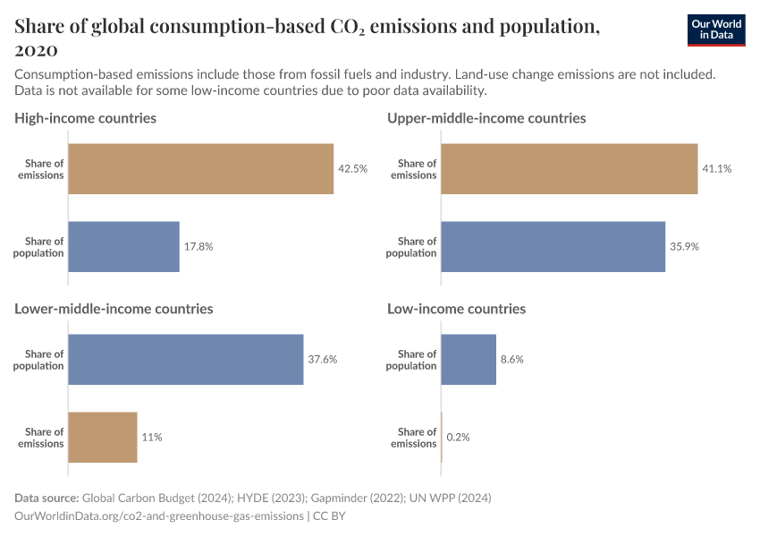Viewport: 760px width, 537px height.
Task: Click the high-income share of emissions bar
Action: pos(200,169)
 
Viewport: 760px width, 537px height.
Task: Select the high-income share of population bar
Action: pos(123,246)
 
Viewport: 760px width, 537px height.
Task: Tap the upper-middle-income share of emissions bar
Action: pos(569,169)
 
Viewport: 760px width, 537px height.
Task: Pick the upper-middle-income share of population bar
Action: pos(553,246)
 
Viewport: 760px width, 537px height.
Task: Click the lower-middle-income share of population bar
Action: pos(186,360)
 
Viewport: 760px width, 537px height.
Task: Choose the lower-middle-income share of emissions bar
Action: pos(103,437)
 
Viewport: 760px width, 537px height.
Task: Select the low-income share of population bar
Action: pos(469,360)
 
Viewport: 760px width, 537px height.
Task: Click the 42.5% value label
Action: pos(352,169)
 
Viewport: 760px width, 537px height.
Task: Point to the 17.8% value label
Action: pos(198,246)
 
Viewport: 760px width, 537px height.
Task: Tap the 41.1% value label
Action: pos(717,169)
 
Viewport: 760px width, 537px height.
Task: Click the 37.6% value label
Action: pos(323,360)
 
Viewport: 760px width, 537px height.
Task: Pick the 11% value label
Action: pos(152,437)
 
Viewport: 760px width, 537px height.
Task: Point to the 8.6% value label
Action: pos(512,360)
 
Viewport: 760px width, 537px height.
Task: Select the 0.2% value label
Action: pos(458,437)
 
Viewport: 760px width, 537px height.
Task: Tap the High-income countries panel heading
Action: pos(86,118)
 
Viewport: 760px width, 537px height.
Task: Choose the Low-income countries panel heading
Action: pos(456,309)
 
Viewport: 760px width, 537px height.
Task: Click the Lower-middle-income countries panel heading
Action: pos(114,309)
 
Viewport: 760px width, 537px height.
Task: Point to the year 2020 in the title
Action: pos(37,50)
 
